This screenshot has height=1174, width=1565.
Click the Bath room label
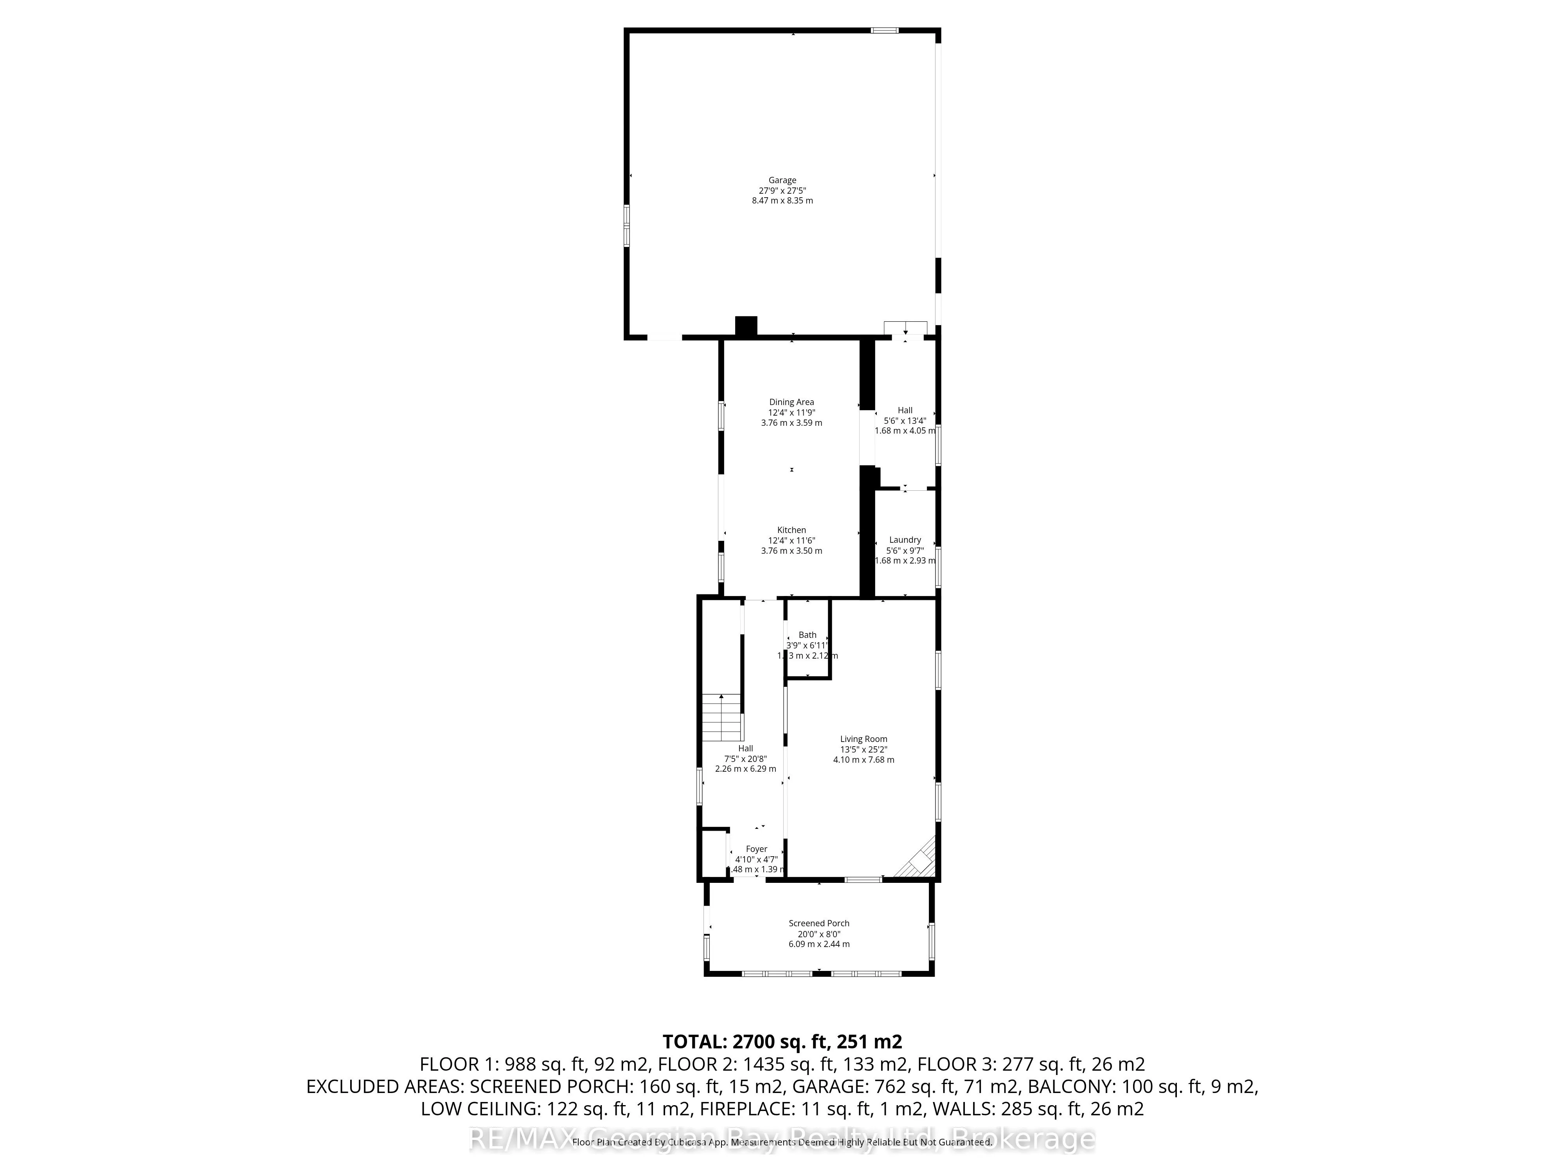pyautogui.click(x=807, y=635)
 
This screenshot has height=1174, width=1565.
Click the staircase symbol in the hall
pyautogui.click(x=721, y=717)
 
